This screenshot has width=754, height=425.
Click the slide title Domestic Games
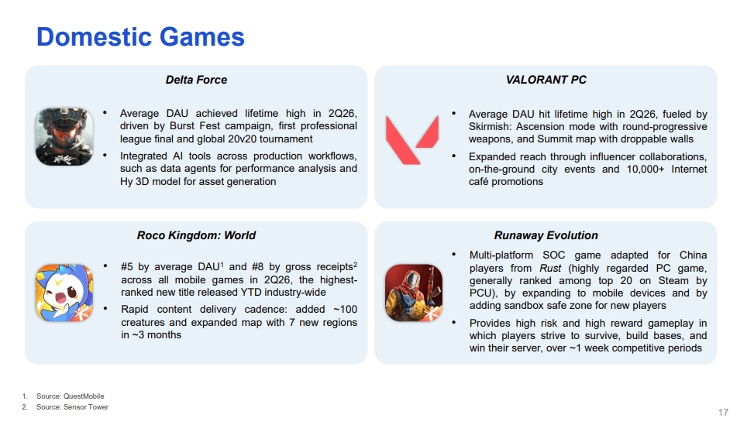pos(140,37)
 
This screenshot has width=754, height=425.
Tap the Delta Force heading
pos(196,80)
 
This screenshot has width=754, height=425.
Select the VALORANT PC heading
pos(546,80)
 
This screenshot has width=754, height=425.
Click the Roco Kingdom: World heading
pos(196,235)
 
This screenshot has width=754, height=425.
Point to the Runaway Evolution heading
pos(546,235)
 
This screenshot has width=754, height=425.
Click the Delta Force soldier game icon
pos(64,136)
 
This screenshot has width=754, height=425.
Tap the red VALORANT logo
pos(412,140)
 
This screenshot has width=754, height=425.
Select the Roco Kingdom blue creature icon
pos(64,293)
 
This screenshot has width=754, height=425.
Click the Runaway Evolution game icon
pos(414,293)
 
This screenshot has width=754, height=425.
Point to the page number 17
pos(723,412)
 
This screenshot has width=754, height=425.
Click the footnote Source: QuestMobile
pos(71,396)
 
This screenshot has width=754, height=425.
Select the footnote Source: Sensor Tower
pos(72,406)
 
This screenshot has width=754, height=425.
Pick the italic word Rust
pos(550,268)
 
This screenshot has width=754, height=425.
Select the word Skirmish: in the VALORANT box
pos(490,126)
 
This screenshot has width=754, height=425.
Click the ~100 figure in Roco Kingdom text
pos(346,309)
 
